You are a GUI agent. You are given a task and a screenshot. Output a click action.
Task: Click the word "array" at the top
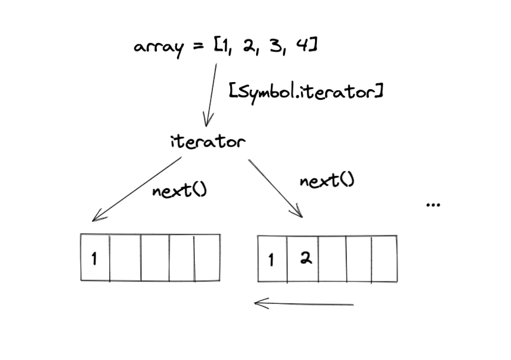156,47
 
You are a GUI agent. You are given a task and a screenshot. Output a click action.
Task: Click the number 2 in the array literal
248,45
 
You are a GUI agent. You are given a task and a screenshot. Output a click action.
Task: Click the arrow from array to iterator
210,94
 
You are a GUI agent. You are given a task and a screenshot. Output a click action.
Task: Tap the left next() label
179,192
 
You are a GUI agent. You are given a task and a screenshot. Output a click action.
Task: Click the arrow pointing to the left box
136,189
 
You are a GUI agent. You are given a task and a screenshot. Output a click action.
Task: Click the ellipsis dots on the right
433,204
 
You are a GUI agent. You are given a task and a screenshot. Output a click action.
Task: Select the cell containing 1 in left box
96,258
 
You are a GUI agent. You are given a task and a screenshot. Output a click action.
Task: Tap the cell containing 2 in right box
303,258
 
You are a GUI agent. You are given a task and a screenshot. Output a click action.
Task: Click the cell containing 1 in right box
273,258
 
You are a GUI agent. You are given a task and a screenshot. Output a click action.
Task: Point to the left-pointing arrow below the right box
303,305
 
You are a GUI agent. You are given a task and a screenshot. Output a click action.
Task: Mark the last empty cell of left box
207,258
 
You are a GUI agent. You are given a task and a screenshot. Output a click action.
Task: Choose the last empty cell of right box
384,258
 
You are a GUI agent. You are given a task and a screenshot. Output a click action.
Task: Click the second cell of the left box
126,258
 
